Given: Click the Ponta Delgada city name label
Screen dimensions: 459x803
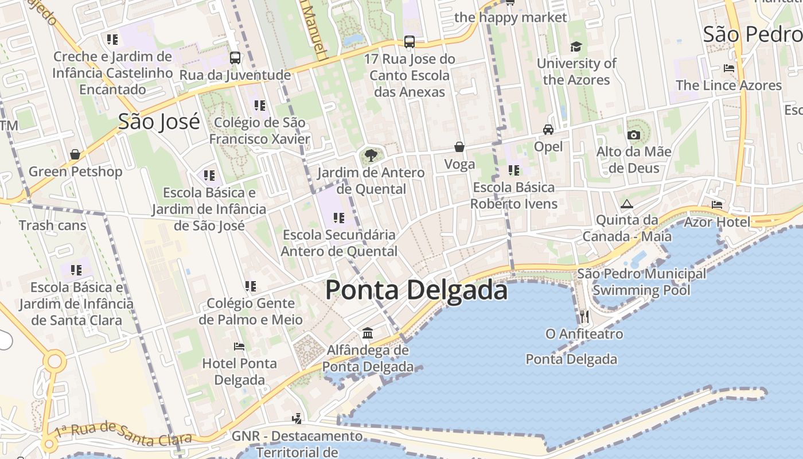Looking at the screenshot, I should tap(416, 290).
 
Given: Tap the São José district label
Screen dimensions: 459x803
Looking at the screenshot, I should tap(159, 122).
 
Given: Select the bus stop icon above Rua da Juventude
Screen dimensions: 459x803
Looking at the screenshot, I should tap(235, 58).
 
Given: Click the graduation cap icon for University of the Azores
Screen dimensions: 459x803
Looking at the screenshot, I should tap(576, 46).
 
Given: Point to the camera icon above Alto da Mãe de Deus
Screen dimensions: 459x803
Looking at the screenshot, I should tap(633, 135).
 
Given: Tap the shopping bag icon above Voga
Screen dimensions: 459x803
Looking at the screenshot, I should tap(459, 147).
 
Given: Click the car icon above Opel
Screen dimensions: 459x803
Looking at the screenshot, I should tap(548, 130).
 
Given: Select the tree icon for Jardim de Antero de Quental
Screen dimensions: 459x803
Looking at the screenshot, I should tap(371, 154).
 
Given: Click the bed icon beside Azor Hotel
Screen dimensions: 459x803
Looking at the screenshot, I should tap(717, 204).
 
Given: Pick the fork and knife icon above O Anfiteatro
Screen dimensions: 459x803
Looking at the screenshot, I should tap(584, 316).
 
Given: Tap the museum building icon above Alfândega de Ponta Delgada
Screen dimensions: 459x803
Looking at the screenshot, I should tap(368, 333).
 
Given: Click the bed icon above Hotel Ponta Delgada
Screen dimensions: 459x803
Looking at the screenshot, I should tap(239, 347).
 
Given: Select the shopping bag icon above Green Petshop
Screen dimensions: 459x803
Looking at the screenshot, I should tap(75, 154).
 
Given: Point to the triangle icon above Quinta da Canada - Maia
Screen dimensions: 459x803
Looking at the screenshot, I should tap(626, 204).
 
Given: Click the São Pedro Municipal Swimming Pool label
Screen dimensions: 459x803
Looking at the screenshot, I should tap(641, 282).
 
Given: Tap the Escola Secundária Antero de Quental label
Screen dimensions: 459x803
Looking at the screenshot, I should tap(339, 243).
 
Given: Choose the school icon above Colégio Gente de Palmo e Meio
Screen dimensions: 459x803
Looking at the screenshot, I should tap(250, 286).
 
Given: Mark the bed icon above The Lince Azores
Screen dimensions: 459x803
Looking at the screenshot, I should tap(729, 68).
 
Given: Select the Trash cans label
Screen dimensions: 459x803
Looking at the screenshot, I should tap(52, 225).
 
